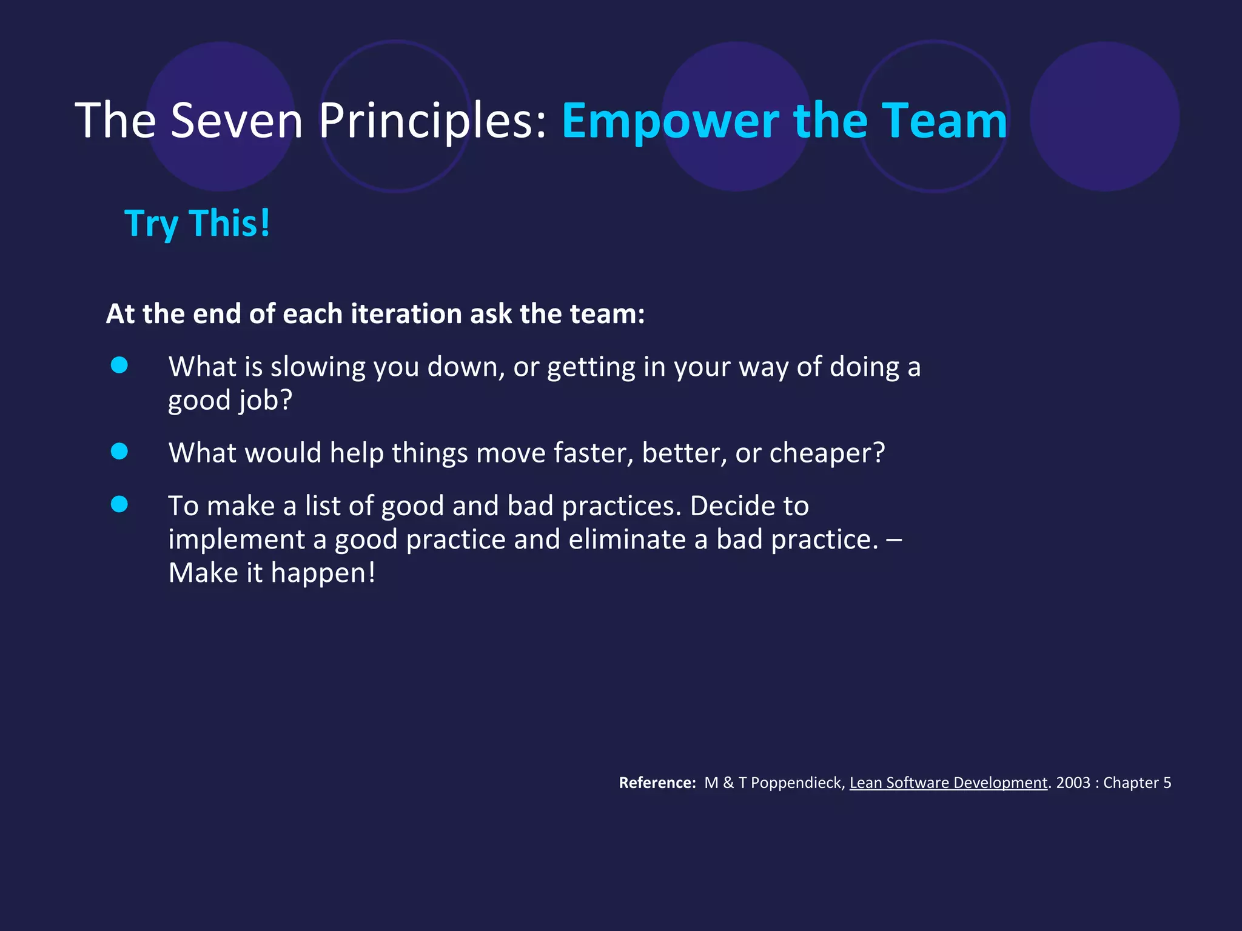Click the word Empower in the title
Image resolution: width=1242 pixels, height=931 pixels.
pyautogui.click(x=670, y=121)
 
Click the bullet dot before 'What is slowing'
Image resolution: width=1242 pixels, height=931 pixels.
pyautogui.click(x=119, y=365)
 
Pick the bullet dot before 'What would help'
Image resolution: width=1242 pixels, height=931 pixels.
pyautogui.click(x=119, y=452)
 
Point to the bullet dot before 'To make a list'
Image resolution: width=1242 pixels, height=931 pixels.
pyautogui.click(x=119, y=504)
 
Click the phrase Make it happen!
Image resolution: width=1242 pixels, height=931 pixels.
pyautogui.click(x=272, y=573)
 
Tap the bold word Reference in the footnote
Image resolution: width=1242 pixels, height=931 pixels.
pyautogui.click(x=657, y=783)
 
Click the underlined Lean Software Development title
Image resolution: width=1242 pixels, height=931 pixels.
pyautogui.click(x=948, y=783)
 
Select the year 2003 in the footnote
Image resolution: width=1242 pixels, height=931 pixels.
pyautogui.click(x=1073, y=783)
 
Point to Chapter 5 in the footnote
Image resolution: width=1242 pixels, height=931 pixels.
pyautogui.click(x=1137, y=783)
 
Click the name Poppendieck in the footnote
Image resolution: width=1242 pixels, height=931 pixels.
pyautogui.click(x=796, y=783)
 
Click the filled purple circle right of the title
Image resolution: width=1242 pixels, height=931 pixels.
pyautogui.click(x=1104, y=116)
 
